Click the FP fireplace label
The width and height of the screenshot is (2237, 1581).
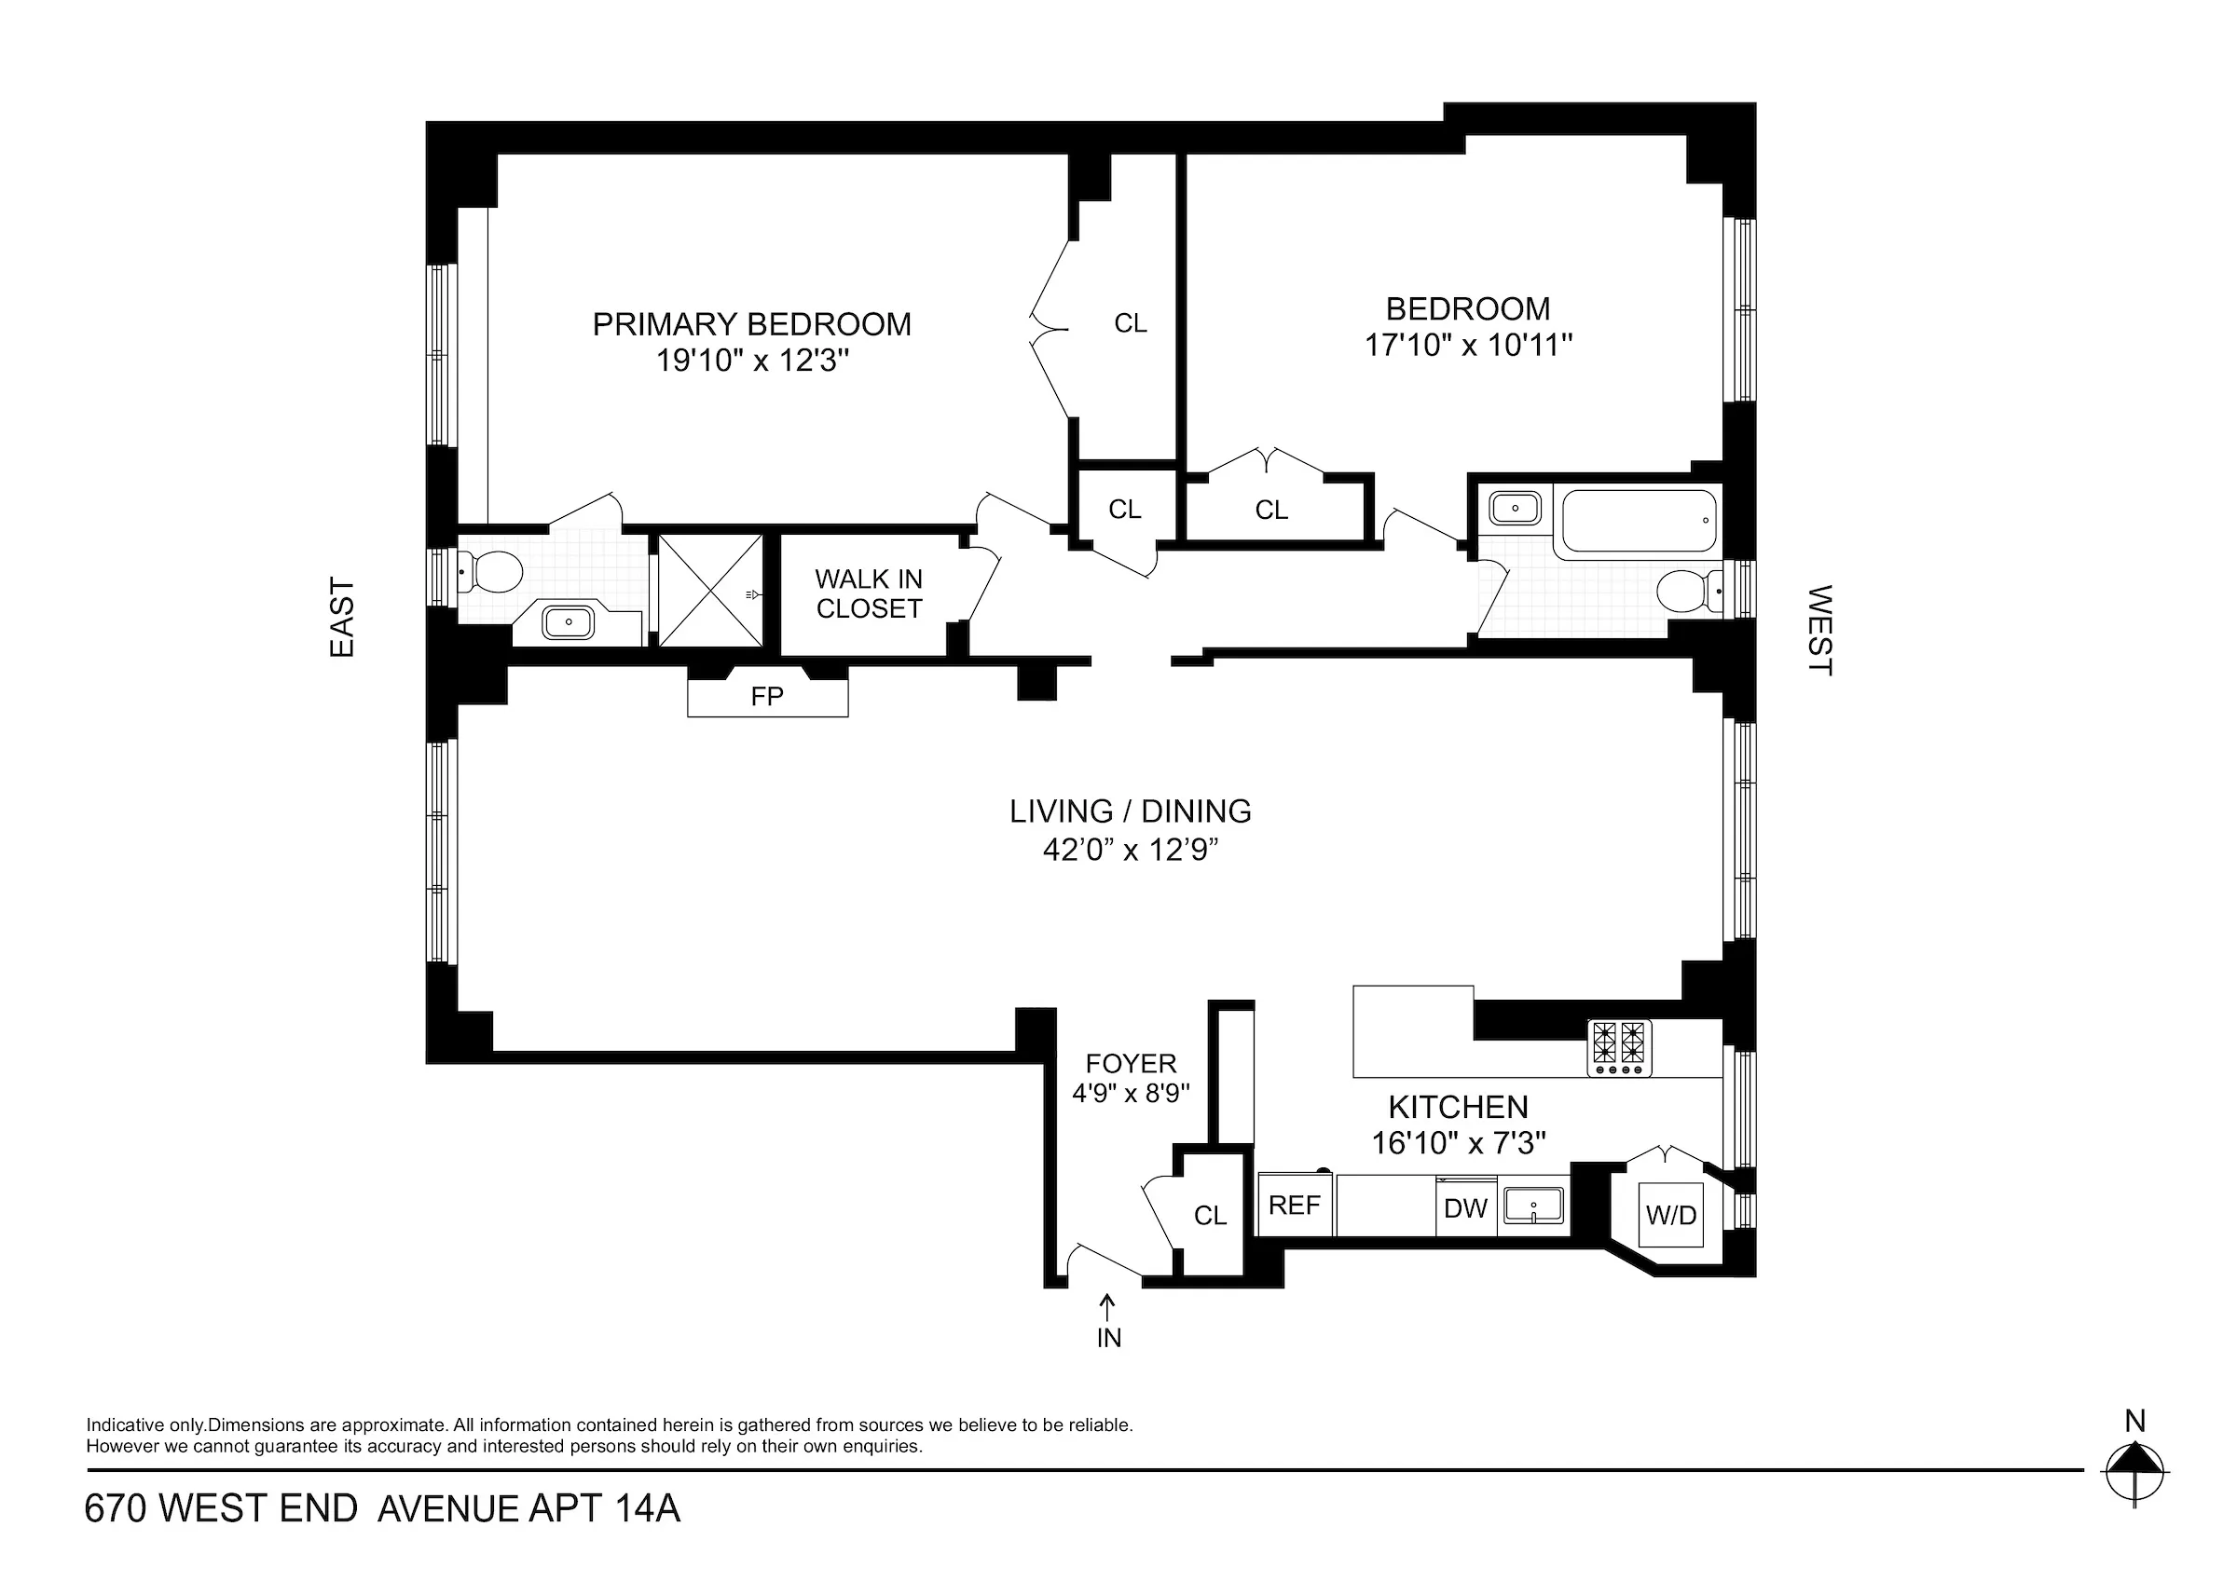click(x=767, y=697)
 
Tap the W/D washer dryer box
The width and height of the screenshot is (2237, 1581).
click(x=1671, y=1215)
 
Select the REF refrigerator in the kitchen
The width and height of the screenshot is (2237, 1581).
click(x=1294, y=1205)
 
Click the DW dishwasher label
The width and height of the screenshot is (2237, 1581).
click(x=1465, y=1209)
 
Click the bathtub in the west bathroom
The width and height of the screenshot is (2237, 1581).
click(x=1639, y=522)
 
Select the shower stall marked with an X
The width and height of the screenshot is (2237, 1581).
click(x=711, y=591)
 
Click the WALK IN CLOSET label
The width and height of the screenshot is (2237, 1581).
click(x=868, y=593)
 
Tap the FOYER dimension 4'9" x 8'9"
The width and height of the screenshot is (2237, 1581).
click(x=1131, y=1093)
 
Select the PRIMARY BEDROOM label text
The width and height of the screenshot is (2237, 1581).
click(x=751, y=324)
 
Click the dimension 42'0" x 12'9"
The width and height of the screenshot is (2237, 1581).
click(x=1131, y=851)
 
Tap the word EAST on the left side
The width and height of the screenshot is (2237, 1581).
click(x=342, y=618)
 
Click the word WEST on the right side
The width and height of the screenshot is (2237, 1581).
click(x=1819, y=629)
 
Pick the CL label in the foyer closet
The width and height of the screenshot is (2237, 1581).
click(x=1210, y=1215)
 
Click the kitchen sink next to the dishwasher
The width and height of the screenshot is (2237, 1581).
click(x=1533, y=1206)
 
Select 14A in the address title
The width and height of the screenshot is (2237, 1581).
click(x=647, y=1509)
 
